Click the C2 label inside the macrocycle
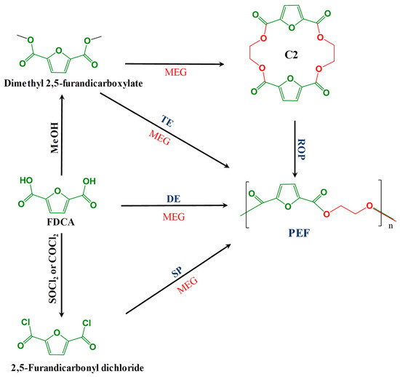pyautogui.click(x=291, y=55)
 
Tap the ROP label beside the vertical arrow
pyautogui.click(x=301, y=149)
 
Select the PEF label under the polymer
pyautogui.click(x=299, y=233)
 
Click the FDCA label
pyautogui.click(x=60, y=222)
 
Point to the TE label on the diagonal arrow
pyautogui.click(x=167, y=121)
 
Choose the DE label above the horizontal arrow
pyautogui.click(x=174, y=199)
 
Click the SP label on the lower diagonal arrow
pyautogui.click(x=177, y=272)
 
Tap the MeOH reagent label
pyautogui.click(x=55, y=138)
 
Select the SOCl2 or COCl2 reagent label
pyautogui.click(x=53, y=268)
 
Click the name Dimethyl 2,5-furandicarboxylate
pyautogui.click(x=73, y=83)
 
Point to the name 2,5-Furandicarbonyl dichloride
pyautogui.click(x=77, y=368)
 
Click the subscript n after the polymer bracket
pyautogui.click(x=391, y=226)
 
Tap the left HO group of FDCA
pyautogui.click(x=26, y=180)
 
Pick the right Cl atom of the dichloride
pyautogui.click(x=87, y=323)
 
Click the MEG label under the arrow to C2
pyautogui.click(x=175, y=72)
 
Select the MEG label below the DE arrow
pyautogui.click(x=174, y=217)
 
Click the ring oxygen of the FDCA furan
pyautogui.click(x=57, y=191)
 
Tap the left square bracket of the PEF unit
pyautogui.click(x=247, y=205)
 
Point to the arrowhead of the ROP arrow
pyautogui.click(x=295, y=174)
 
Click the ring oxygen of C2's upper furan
pyautogui.click(x=292, y=27)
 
